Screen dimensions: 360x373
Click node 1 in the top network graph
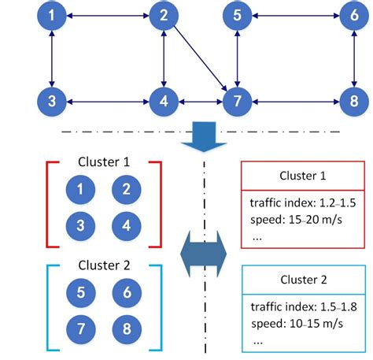click(51, 15)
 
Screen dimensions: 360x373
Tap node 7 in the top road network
click(237, 101)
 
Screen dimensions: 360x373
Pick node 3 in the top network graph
click(51, 101)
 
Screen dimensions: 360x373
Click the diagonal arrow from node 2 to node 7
click(199, 58)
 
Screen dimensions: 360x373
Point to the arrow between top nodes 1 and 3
click(51, 58)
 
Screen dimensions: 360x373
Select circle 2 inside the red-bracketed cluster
click(126, 188)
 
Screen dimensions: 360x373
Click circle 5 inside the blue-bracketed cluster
click(81, 291)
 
